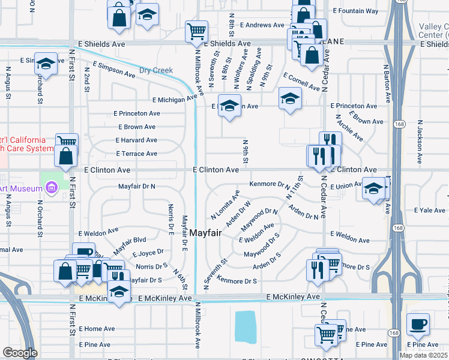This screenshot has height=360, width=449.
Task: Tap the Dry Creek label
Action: [156, 70]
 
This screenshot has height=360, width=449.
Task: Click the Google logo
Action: [20, 353]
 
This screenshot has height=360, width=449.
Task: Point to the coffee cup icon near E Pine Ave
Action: [418, 324]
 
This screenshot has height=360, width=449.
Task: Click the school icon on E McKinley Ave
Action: [119, 292]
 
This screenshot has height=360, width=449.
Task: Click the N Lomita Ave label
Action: [225, 205]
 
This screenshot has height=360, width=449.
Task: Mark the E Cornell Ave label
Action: [302, 83]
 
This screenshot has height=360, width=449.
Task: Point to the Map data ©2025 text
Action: [423, 355]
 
